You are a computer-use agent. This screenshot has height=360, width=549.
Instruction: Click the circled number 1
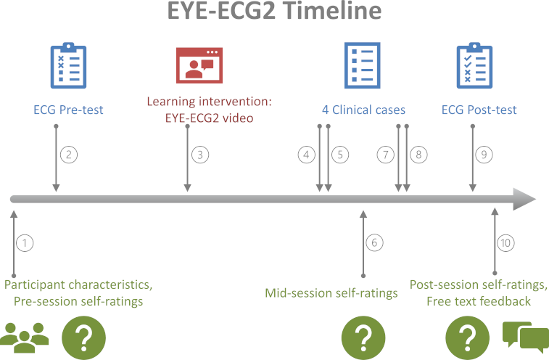click(25, 243)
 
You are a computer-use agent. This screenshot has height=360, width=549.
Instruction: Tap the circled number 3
click(200, 155)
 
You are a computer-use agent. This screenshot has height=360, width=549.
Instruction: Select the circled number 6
click(374, 242)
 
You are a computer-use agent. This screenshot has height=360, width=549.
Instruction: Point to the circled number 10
click(505, 243)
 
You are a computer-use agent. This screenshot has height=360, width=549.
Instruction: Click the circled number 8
click(418, 155)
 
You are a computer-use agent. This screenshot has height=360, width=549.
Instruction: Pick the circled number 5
click(340, 155)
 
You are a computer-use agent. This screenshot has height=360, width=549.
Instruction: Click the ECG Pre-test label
click(68, 110)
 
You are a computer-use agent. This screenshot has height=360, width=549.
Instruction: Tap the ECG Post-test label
click(479, 110)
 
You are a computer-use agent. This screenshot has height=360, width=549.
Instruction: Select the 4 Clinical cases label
click(363, 110)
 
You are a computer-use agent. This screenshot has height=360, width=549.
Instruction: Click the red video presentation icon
click(199, 65)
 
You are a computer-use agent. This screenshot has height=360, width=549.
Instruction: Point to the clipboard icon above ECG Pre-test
click(69, 65)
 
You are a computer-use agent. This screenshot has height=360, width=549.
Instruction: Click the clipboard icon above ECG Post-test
click(474, 65)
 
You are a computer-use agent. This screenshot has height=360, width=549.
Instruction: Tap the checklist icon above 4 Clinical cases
click(363, 65)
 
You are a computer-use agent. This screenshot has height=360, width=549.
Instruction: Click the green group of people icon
click(24, 337)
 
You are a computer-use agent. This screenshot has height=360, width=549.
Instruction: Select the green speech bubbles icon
click(526, 337)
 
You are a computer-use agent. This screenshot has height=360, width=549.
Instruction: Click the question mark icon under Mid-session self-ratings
click(363, 337)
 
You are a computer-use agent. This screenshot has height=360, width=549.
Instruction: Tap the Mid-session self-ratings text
click(331, 293)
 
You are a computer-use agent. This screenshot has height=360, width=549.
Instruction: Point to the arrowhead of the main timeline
click(524, 199)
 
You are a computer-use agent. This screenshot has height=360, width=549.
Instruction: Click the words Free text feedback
click(479, 301)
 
